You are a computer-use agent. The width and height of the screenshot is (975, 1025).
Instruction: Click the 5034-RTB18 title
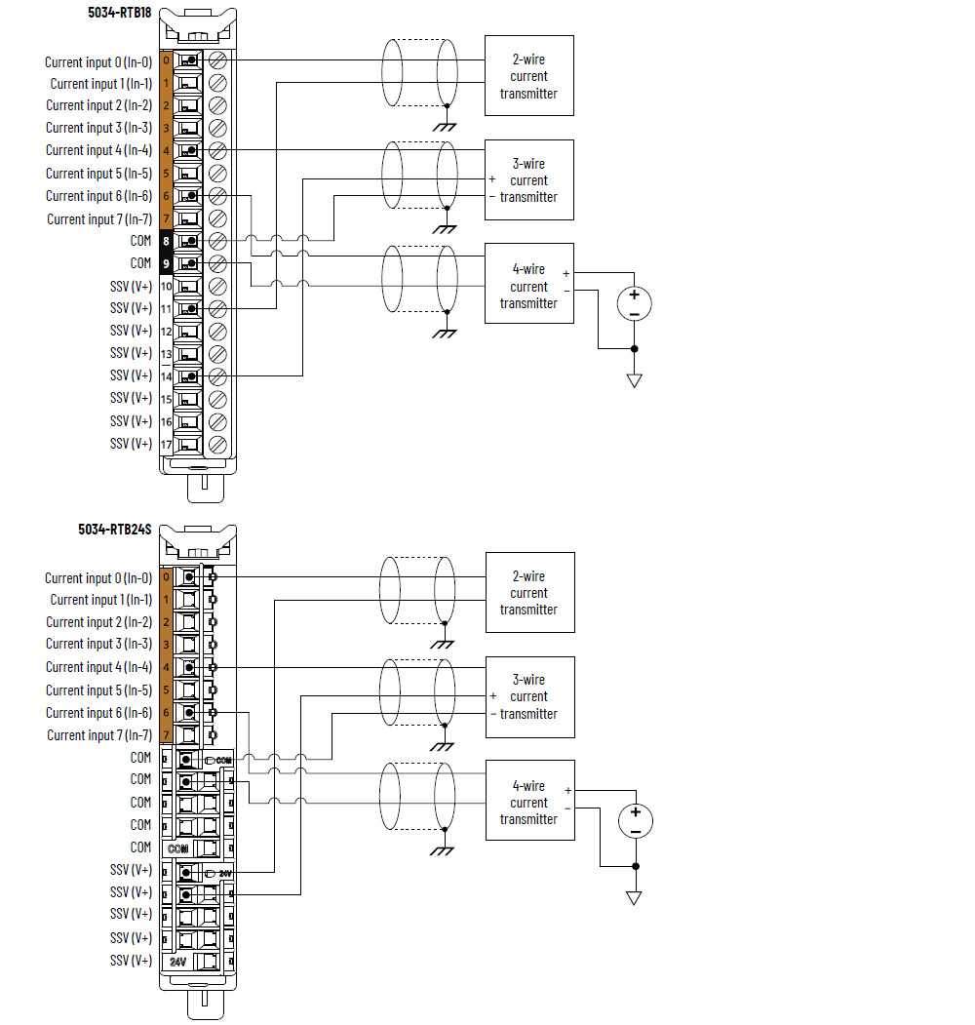tap(119, 13)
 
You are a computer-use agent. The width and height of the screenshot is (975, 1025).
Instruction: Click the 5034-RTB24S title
tap(115, 530)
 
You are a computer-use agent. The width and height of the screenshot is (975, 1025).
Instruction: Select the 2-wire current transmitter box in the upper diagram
tap(529, 76)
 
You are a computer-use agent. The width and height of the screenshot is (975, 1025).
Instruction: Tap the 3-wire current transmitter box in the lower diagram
tap(529, 696)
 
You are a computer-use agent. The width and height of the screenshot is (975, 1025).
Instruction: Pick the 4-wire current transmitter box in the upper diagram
tap(529, 286)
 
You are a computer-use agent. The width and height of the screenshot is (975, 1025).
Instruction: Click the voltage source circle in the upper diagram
tap(635, 303)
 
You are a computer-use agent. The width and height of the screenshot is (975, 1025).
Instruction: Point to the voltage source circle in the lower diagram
tap(635, 820)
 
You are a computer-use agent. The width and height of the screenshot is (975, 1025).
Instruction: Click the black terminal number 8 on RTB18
tap(166, 241)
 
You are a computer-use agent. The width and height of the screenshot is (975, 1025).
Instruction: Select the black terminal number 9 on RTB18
tap(166, 263)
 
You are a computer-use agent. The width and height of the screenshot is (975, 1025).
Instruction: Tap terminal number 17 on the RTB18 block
tap(166, 445)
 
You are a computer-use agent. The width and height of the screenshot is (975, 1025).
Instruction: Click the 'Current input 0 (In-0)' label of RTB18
tap(98, 62)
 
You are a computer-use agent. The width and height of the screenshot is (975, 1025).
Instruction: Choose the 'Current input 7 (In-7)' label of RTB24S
tap(99, 735)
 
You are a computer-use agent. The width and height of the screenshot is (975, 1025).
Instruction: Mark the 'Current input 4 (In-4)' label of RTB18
tap(98, 150)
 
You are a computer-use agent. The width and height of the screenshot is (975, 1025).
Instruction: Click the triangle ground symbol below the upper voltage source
tap(635, 380)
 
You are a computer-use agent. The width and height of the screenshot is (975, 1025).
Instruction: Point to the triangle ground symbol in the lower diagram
tap(635, 897)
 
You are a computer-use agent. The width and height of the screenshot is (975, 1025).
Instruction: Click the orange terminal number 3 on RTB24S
tap(166, 645)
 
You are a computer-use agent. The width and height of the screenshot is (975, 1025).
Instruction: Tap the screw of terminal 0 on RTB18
tap(218, 60)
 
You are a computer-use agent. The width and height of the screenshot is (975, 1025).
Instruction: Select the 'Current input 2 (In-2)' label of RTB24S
tap(98, 622)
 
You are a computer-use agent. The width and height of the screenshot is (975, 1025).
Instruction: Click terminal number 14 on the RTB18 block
tap(166, 376)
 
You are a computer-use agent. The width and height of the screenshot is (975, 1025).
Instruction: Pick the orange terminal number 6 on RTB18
tap(166, 196)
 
